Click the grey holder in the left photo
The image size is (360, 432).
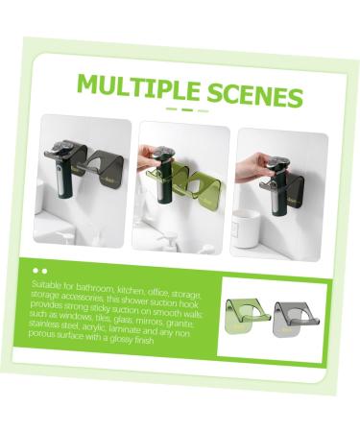[x=97, y=174]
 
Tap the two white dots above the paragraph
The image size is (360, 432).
[x=40, y=272]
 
